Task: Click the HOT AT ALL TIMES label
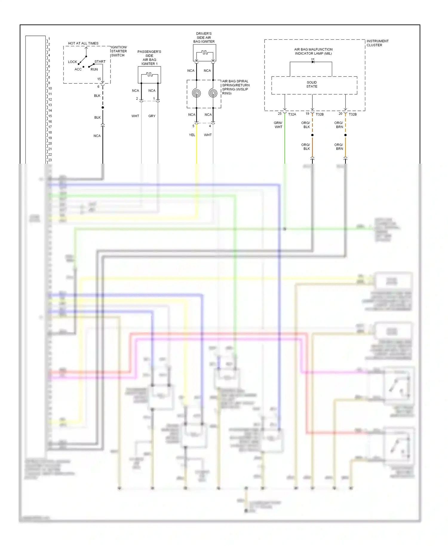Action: coord(83,43)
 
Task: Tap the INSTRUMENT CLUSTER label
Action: coord(377,43)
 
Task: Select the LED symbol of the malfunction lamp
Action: coord(313,62)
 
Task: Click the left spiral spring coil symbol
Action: coord(196,93)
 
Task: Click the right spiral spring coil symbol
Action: coord(213,93)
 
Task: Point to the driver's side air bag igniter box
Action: coord(204,53)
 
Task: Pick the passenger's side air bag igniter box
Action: coord(149,75)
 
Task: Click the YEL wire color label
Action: coord(192,135)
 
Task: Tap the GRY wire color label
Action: coord(152,116)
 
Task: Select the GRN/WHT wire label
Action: coord(278,125)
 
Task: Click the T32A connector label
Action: coord(292,114)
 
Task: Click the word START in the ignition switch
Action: coord(100,62)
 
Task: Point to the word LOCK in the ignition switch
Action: coord(72,62)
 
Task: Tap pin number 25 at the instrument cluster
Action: coord(280,114)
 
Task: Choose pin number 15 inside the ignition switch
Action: coord(99,79)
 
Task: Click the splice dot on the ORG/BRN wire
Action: coord(346,135)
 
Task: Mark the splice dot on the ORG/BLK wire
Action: coord(312,135)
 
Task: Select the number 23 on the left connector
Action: coord(50,160)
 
